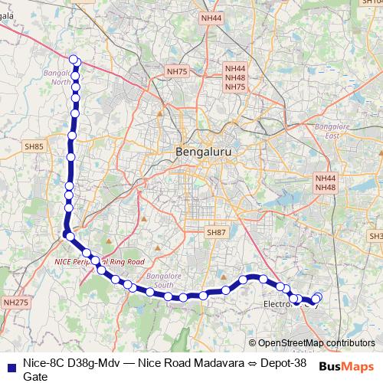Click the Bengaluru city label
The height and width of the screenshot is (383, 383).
point(203,152)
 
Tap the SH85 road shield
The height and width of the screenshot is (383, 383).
point(34,146)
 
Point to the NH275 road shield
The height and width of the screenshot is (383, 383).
point(15,303)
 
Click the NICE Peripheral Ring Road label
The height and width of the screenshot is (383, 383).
point(100,261)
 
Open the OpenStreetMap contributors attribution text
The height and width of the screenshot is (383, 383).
point(316,342)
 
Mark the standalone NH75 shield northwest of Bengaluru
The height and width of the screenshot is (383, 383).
point(176,71)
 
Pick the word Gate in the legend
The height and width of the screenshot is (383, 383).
point(35,376)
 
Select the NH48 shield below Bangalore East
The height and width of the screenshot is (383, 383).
point(326,187)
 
